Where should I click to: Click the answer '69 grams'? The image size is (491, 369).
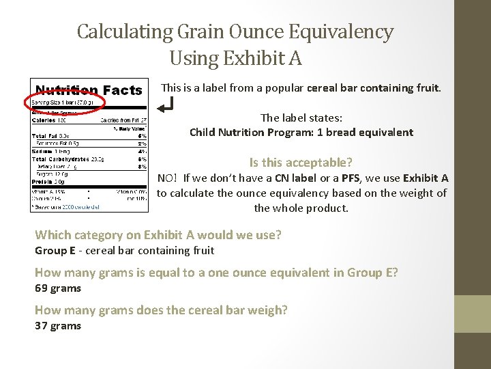pyautogui.click(x=58, y=288)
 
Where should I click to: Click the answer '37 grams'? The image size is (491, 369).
pyautogui.click(x=58, y=325)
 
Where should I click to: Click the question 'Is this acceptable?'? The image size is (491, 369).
pyautogui.click(x=301, y=162)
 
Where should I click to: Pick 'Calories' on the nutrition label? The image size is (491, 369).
pyautogui.click(x=44, y=120)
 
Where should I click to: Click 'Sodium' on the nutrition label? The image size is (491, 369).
pyautogui.click(x=42, y=151)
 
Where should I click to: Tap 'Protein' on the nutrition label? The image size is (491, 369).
pyautogui.click(x=42, y=181)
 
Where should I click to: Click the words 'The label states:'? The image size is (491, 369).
pyautogui.click(x=301, y=118)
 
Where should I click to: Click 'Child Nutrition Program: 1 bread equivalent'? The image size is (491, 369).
pyautogui.click(x=301, y=132)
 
